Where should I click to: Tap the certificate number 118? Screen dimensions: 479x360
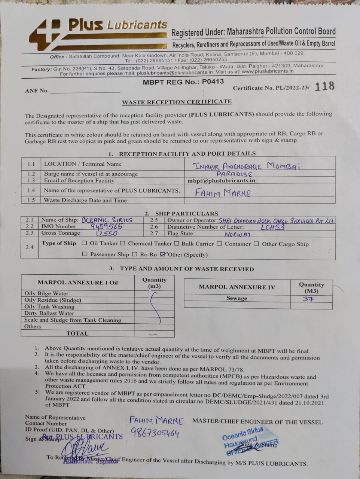click(x=324, y=86)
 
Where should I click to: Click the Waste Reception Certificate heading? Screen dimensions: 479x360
click(x=177, y=102)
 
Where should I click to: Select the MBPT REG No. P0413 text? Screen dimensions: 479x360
click(x=183, y=82)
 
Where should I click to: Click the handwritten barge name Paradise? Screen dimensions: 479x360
click(x=234, y=174)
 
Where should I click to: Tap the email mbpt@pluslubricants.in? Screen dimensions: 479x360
click(x=222, y=180)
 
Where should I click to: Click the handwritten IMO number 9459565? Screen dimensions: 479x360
click(x=107, y=226)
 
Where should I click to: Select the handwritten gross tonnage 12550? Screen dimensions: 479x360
click(x=107, y=233)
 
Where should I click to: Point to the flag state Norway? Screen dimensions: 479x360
click(x=237, y=234)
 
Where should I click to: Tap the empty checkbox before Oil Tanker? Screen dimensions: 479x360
click(x=85, y=243)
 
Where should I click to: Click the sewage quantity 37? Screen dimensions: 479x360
click(x=308, y=299)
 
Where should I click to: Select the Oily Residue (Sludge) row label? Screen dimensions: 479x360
click(x=53, y=300)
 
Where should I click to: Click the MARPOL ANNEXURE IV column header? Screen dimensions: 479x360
click(x=237, y=287)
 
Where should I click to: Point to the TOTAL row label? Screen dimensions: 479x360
click(x=77, y=333)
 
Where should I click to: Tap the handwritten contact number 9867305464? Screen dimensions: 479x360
click(x=155, y=433)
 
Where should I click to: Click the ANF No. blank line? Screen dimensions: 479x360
click(x=85, y=91)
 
